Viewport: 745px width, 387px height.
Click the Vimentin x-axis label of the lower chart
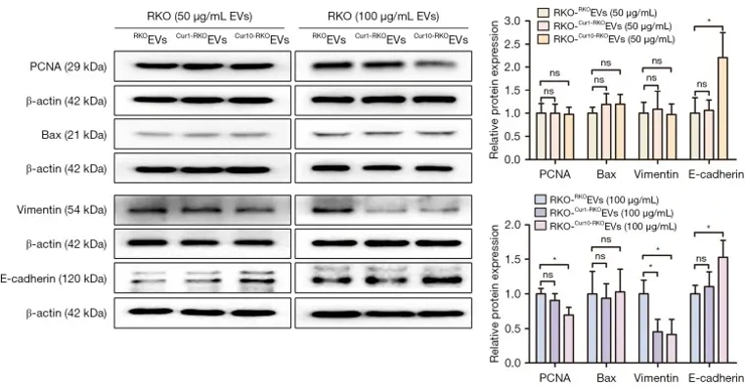click(x=655, y=375)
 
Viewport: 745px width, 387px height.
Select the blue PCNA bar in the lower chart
click(x=542, y=327)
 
